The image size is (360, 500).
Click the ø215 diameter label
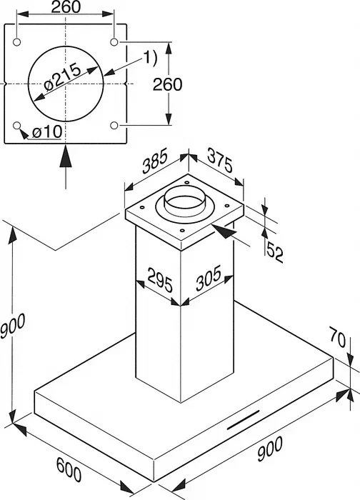click(63, 77)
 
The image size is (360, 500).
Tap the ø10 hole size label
click(47, 131)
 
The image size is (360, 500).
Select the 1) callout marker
click(150, 59)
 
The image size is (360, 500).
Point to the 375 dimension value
click(220, 160)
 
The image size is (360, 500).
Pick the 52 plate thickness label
click(274, 252)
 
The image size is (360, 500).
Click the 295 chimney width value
click(160, 280)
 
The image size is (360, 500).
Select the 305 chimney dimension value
click(209, 278)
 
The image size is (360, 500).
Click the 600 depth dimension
click(69, 469)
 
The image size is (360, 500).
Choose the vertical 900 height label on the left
click(12, 325)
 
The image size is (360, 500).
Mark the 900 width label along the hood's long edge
click(270, 449)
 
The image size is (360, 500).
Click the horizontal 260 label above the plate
click(66, 7)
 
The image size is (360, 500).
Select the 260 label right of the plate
click(168, 84)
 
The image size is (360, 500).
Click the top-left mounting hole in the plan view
click(17, 42)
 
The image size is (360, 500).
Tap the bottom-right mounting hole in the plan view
click(114, 125)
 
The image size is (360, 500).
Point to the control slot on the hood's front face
click(243, 420)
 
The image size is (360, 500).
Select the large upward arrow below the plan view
click(66, 166)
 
